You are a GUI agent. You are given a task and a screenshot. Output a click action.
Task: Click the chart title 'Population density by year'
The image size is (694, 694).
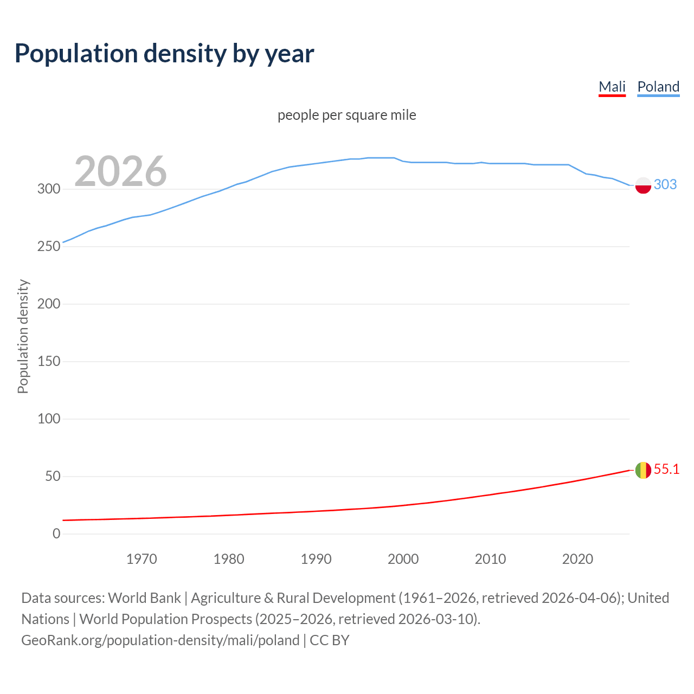click(x=164, y=53)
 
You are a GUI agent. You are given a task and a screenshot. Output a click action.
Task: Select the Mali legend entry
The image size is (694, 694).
click(x=612, y=87)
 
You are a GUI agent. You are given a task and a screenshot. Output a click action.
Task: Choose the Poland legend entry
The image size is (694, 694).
click(x=658, y=87)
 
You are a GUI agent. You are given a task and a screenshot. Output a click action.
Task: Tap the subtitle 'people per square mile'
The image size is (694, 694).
click(x=347, y=115)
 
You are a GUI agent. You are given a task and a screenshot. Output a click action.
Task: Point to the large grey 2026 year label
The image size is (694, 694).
click(x=120, y=171)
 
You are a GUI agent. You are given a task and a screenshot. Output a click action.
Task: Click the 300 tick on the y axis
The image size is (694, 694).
click(x=49, y=189)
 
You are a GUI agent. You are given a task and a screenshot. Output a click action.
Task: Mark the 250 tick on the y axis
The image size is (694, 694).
click(x=49, y=247)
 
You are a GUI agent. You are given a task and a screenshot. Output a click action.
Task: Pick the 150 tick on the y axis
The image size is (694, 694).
click(x=49, y=362)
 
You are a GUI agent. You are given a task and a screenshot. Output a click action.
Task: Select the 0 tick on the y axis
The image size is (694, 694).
click(x=56, y=534)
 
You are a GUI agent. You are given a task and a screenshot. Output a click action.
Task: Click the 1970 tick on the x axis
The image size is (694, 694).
click(x=142, y=559)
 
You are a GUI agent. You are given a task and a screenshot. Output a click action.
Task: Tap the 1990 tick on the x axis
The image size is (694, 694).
click(x=316, y=559)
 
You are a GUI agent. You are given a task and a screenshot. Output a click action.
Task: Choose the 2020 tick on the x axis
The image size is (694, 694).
click(x=577, y=559)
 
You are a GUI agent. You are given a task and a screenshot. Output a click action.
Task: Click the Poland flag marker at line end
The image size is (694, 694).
click(x=643, y=185)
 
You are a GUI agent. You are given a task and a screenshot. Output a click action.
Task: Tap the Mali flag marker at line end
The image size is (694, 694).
click(x=643, y=470)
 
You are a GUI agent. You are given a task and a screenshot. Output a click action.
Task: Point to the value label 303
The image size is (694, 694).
click(x=665, y=184)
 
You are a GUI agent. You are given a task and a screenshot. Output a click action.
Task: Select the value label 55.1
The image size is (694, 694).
click(x=666, y=469)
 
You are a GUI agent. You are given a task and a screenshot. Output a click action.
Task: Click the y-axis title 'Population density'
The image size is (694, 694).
click(x=23, y=336)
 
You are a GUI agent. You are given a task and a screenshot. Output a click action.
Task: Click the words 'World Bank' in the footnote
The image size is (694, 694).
click(x=144, y=598)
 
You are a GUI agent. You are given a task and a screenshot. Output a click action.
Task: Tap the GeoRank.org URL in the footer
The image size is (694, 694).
click(x=160, y=640)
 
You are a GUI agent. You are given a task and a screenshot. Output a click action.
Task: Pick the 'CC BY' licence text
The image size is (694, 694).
click(x=330, y=640)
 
